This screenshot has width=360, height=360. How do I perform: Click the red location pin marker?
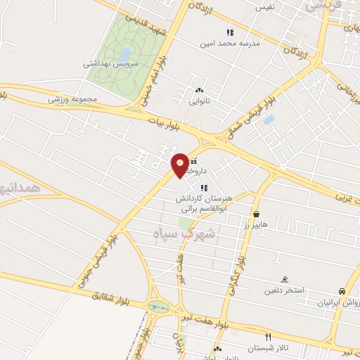click(181, 165)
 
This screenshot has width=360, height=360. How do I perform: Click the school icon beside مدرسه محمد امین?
click(229, 32)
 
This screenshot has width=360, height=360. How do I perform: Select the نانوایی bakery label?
click(199, 101)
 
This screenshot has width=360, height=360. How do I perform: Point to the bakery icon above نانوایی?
click(199, 90)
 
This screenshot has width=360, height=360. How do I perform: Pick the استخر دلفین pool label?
click(284, 290)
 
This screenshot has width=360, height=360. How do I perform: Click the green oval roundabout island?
click(159, 307)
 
